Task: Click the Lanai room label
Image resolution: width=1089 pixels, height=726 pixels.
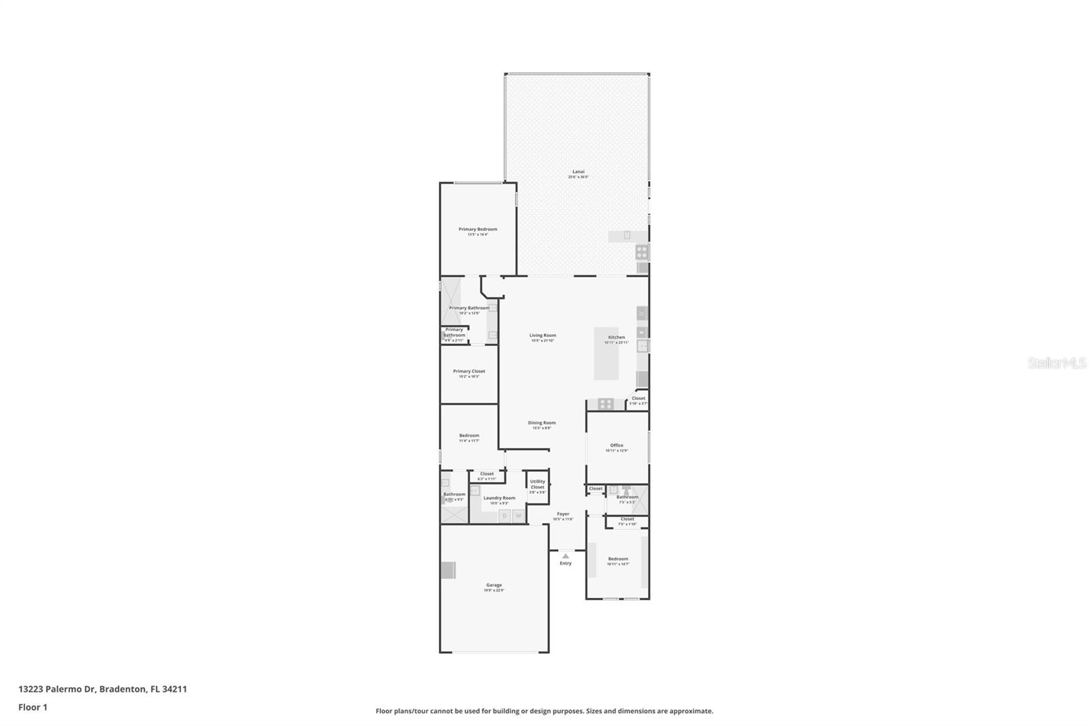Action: pos(578,172)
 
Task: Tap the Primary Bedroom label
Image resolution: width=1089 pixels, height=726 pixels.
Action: pos(477,230)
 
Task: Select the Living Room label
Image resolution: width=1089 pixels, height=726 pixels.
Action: pos(542,335)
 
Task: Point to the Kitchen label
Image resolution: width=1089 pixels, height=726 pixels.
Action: pos(616,337)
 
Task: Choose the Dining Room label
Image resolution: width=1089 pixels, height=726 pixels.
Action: pos(542,423)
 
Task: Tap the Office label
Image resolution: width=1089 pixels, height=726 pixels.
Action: pos(616,445)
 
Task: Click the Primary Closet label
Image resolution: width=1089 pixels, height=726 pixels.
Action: pos(469,371)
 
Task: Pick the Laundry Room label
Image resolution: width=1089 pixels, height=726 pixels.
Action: pos(499,498)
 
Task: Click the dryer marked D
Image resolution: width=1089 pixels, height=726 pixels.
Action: pos(504,516)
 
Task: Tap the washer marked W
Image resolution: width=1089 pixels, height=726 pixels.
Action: pos(518,516)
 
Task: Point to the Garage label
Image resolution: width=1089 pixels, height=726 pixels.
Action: pos(493,585)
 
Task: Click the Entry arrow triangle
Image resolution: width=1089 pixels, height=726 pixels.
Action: pos(565,556)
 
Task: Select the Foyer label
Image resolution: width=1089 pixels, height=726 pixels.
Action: pos(563,514)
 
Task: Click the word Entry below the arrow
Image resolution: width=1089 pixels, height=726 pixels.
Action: pos(566,563)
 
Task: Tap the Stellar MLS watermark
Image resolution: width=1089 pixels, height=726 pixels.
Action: pos(1056,363)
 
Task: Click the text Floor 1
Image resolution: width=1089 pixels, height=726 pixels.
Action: pos(33,707)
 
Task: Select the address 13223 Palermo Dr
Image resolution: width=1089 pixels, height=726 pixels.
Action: pos(57,689)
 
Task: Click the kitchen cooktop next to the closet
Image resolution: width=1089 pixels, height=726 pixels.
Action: pos(605,404)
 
